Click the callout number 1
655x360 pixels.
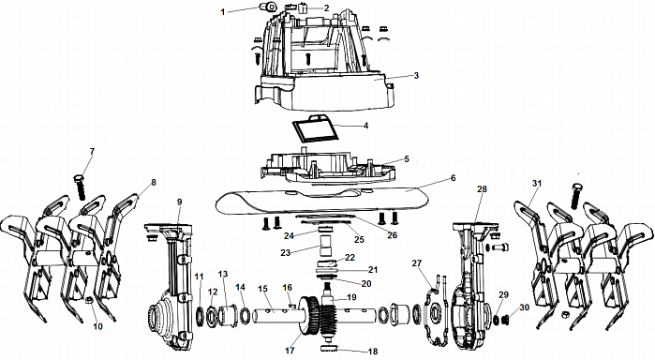tap(223, 12)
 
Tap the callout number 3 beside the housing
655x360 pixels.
tap(416, 76)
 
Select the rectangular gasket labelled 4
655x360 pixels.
tap(315, 127)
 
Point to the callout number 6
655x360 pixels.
tap(454, 178)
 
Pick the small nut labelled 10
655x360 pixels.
tap(88, 300)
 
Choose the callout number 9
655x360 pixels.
tap(179, 202)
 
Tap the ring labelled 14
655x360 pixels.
tap(245, 316)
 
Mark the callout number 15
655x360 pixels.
tap(262, 289)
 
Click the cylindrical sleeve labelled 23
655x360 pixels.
tap(325, 246)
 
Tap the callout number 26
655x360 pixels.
tap(392, 235)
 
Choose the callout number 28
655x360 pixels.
tap(482, 189)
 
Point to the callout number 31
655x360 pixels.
tap(536, 184)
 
